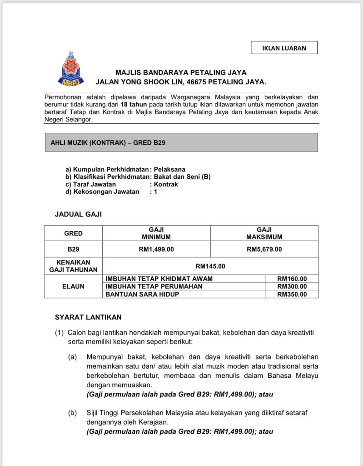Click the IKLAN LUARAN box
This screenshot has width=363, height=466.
[x=284, y=48]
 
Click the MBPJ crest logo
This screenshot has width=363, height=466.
[x=70, y=69]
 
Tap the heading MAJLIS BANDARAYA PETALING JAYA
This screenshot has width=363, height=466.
[x=181, y=72]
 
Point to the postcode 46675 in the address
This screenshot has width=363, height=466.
[x=191, y=82]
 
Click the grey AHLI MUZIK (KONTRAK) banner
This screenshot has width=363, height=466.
[x=180, y=142]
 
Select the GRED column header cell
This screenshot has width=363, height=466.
[x=73, y=233]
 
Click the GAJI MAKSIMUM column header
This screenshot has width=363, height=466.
[x=264, y=233]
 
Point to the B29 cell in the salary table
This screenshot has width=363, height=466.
[x=73, y=249]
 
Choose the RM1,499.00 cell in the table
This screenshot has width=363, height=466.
[x=156, y=249]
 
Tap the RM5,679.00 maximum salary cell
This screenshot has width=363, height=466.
[x=264, y=249]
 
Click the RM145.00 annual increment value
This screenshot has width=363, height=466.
[x=210, y=266]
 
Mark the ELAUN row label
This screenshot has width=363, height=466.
[x=73, y=287]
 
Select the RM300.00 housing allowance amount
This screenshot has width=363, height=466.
[x=292, y=286]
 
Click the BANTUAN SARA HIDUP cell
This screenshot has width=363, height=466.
[x=142, y=294]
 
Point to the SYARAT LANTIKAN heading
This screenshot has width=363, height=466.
[x=88, y=317]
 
